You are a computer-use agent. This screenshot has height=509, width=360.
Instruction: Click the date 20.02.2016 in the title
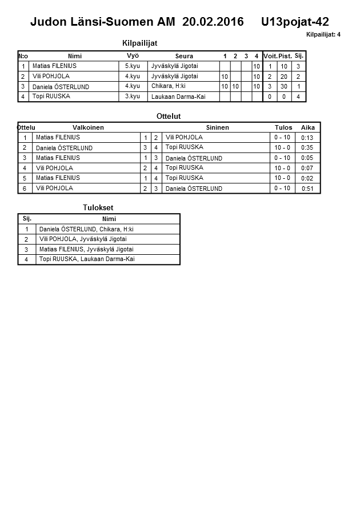point(213,22)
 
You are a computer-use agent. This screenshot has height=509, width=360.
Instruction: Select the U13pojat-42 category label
point(295,22)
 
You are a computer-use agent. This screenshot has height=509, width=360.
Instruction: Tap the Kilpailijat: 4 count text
point(323,35)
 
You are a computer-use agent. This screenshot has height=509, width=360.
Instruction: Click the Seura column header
point(184,56)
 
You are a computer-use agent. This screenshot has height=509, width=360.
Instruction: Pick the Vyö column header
point(133,55)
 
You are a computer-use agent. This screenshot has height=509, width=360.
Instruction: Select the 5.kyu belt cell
point(133,66)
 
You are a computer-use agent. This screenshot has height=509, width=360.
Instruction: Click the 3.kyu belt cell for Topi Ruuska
point(133,97)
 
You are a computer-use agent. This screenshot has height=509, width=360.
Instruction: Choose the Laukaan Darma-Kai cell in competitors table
point(178,97)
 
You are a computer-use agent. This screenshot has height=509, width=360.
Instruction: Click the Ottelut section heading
point(169,116)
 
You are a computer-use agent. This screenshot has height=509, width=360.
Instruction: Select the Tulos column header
point(283,127)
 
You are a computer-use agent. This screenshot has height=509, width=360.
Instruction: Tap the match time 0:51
point(307,189)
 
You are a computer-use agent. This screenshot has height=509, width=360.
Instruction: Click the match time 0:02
point(307,178)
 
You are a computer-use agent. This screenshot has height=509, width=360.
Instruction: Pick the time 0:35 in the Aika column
point(307,147)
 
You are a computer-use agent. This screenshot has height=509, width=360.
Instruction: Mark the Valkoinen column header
point(88,127)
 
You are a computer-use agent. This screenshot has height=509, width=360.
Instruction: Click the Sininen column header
point(217,127)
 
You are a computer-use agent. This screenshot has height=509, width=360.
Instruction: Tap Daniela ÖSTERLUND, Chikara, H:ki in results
point(86,229)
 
